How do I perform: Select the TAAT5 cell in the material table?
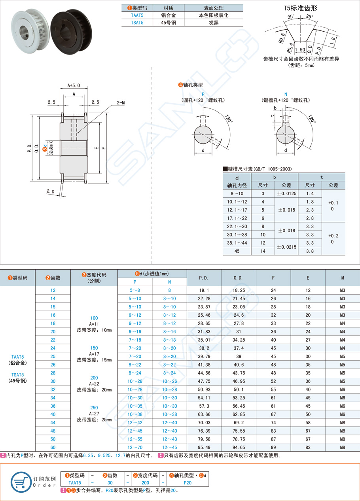click(137, 15)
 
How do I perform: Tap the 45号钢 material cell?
click(168, 23)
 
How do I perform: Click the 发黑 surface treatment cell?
click(214, 23)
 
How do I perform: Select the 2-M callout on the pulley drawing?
click(121, 103)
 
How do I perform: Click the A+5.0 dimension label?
click(73, 85)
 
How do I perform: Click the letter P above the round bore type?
click(203, 94)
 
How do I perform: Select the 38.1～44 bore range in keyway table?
click(237, 243)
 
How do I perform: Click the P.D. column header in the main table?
click(203, 278)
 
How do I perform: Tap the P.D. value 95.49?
click(203, 447)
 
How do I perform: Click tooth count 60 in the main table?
click(53, 447)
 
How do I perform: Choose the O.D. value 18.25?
click(238, 290)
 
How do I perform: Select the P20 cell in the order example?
click(188, 482)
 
